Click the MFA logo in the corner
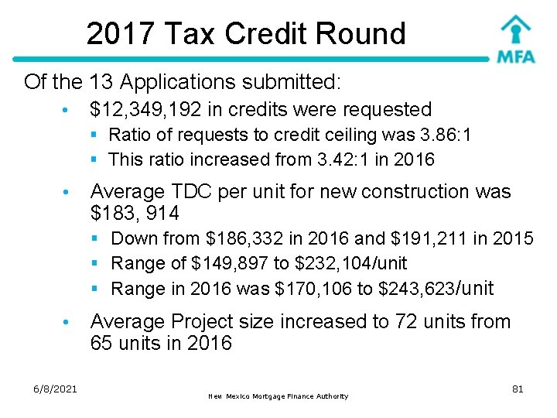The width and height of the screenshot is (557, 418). click(x=515, y=39)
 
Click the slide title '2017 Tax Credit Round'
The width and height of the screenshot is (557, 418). click(x=246, y=33)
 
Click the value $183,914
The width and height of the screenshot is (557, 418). click(x=135, y=213)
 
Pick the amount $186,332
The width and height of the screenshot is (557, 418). click(x=246, y=238)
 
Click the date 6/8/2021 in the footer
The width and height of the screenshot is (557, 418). click(x=55, y=389)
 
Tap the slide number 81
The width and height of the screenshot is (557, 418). click(x=518, y=389)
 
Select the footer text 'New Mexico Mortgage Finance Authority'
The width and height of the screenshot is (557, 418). click(x=278, y=396)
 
